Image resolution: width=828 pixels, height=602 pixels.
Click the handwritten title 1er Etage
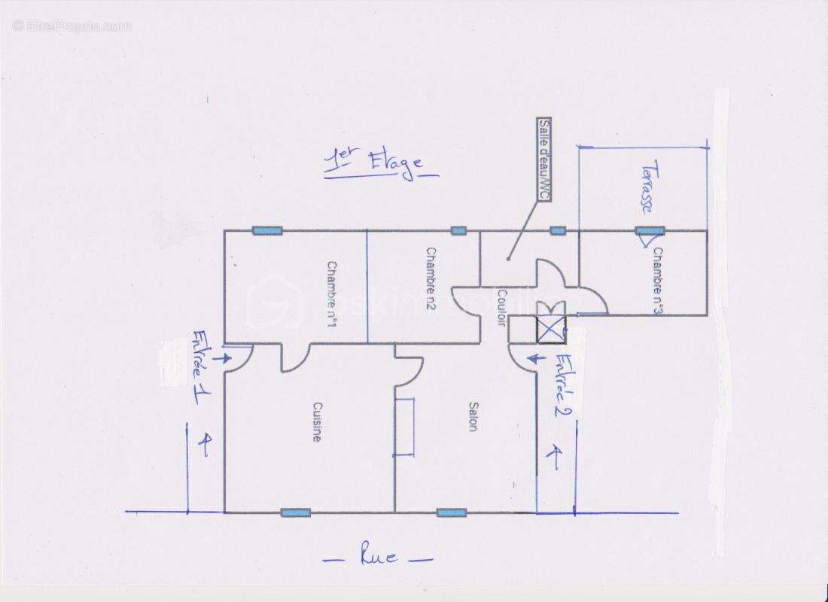[x=380, y=165]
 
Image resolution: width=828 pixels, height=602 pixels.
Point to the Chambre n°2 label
[x=431, y=281]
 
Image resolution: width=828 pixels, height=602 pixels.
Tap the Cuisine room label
[x=317, y=421]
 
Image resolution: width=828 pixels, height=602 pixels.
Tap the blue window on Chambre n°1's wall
[x=266, y=230]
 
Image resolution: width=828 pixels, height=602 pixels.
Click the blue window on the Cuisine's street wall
[x=295, y=512]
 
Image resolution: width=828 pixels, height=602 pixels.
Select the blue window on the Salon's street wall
[x=451, y=512]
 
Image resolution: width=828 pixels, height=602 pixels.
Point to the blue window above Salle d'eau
[x=557, y=230]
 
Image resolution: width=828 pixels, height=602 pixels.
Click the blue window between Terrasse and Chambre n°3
[x=649, y=230]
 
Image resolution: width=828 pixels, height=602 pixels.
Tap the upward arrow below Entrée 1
[x=202, y=443]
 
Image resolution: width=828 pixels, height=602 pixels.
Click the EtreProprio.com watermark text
[x=72, y=26]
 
